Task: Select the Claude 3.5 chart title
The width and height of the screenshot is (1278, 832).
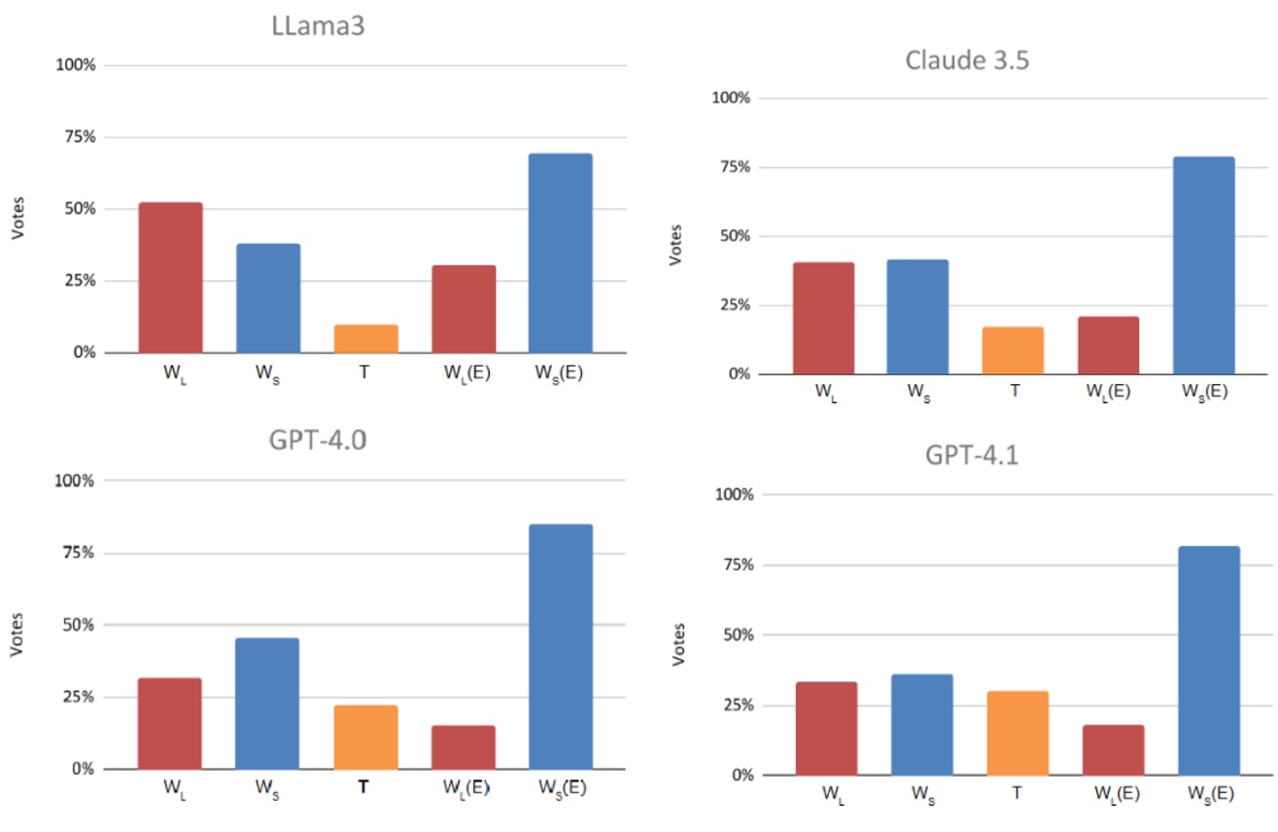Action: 966,59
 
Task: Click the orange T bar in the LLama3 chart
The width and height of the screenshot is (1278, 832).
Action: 365,338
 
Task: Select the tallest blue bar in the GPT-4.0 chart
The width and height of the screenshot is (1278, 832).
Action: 561,646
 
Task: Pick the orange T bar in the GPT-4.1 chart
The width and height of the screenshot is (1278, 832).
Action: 1016,733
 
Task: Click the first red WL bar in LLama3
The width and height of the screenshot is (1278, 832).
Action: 170,277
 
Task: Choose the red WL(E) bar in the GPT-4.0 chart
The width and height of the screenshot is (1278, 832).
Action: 464,746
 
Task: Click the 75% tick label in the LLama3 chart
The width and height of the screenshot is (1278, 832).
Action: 77,137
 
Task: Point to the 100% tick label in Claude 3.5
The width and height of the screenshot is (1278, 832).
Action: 732,97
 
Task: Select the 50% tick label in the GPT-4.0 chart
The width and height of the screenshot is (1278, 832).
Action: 77,625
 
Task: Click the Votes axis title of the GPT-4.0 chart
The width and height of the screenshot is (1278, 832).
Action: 17,634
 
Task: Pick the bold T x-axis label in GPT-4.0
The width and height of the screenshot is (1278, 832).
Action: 363,788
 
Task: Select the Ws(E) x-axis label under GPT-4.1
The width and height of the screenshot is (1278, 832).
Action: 1209,794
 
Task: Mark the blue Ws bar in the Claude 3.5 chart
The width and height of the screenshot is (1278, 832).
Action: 916,317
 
